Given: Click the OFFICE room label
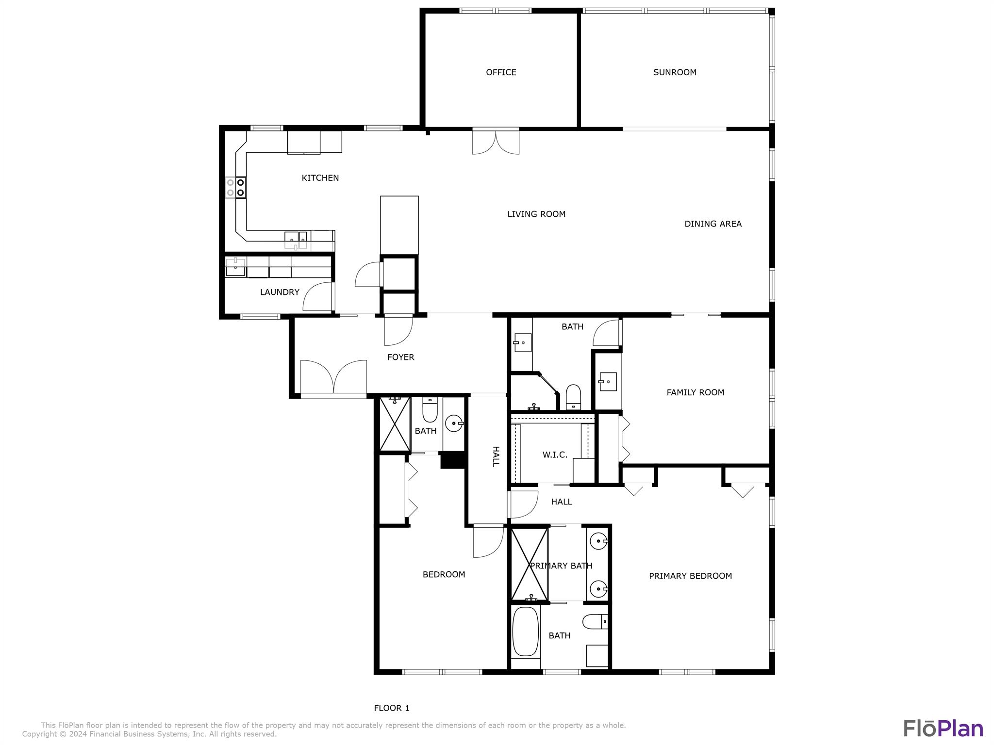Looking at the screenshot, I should point(501,72).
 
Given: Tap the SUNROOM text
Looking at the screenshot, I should point(675,72).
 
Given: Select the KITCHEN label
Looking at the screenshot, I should point(320,178).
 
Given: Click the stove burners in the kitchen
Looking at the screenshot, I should point(235,187).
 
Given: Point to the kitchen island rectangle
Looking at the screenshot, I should point(399,225).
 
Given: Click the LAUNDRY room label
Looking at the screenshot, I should point(280,292).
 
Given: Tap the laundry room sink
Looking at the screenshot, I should point(235,267).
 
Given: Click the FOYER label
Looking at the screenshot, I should point(401,357).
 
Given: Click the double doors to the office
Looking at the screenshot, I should point(496,142).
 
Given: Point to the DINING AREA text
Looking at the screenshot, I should point(713,224).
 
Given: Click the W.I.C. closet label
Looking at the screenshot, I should point(555,455).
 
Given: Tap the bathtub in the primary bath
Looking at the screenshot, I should point(525,632).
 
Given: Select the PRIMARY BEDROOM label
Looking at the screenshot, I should point(690,576).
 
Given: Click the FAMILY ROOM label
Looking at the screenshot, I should point(695,392).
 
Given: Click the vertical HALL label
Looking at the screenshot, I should point(496,456).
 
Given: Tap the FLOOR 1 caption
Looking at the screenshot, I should point(392,708).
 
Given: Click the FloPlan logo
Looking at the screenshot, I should point(943,729).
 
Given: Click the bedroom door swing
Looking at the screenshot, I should point(488,542).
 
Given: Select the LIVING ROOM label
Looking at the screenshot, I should point(536,214).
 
